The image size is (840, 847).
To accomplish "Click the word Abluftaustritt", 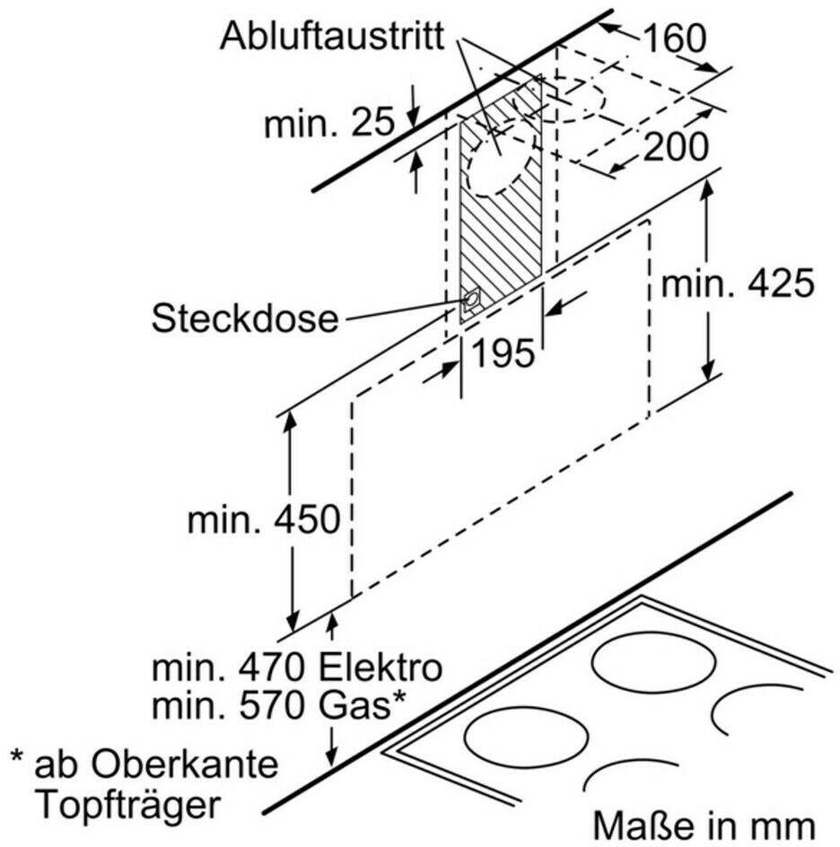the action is [332, 37].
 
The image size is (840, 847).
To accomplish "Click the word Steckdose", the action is [245, 319].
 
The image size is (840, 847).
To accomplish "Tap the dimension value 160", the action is [675, 39].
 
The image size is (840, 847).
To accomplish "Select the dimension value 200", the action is [675, 146].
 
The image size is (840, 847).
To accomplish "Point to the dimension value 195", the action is [503, 354].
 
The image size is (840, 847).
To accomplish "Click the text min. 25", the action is [329, 123].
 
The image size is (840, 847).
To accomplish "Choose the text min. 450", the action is [264, 520].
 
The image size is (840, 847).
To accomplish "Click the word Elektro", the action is [381, 668].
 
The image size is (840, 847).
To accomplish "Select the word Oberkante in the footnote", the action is [184, 764].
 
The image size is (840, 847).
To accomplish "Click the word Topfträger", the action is [129, 807].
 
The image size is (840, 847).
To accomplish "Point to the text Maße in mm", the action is [704, 826].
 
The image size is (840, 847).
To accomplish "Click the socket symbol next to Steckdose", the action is [470, 301].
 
